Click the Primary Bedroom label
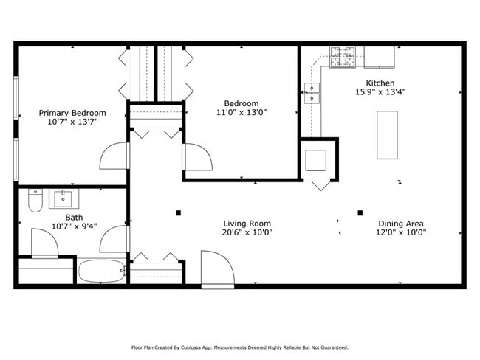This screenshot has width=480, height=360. pos(72,113)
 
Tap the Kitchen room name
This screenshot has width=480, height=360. pos(380,83)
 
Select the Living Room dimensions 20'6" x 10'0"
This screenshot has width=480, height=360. pos(247,232)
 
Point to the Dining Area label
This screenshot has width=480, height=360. pos(401,224)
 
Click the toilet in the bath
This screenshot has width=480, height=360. pos(35,201)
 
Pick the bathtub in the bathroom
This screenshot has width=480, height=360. pos(101,271)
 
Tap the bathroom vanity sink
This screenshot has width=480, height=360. pos(63,198)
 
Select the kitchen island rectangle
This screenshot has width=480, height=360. pos(387,135)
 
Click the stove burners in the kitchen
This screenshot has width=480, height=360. pos(343,58)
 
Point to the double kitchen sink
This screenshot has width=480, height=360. pos(312,93)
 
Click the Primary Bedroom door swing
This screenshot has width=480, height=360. pos(113,156)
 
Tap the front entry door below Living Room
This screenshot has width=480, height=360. pos(218,269)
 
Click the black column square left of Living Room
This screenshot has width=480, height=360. pos(178,213)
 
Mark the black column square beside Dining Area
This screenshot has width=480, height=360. pos(360,213)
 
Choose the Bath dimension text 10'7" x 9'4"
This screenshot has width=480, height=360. pos(75,226)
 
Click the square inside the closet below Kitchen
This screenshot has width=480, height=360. pos(315,160)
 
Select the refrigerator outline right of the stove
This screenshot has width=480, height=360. pos(380,57)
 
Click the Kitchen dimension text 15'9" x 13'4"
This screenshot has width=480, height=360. pos(380,91)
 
